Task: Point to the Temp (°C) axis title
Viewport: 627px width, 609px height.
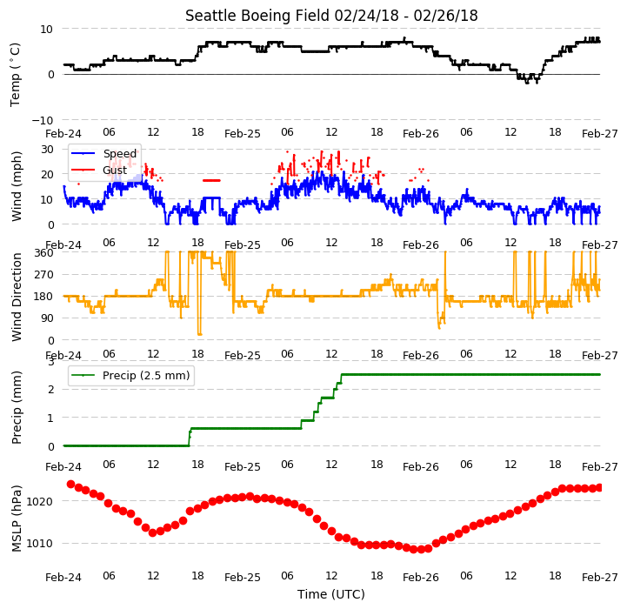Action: [x=15, y=75]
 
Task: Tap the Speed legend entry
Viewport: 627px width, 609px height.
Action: [x=104, y=154]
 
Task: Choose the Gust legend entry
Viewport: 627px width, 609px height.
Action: [x=99, y=170]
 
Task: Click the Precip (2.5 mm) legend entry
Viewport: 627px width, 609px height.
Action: [x=130, y=375]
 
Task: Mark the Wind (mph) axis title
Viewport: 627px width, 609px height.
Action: [x=17, y=186]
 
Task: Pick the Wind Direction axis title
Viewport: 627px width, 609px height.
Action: [x=17, y=297]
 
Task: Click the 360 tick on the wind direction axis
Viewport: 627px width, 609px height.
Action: [x=44, y=253]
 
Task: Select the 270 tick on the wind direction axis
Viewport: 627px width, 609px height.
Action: [x=44, y=275]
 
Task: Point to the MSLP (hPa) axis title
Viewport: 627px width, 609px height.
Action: [x=17, y=519]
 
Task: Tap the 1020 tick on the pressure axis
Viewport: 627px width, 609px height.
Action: [x=40, y=501]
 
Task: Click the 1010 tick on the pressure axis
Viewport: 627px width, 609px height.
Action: [x=40, y=544]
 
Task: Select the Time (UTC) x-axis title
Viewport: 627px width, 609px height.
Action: [x=331, y=594]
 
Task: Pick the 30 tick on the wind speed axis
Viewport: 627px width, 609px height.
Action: [x=48, y=150]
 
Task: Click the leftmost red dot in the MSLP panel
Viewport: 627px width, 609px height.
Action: [x=70, y=485]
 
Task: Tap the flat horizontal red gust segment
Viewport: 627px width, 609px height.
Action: [x=211, y=180]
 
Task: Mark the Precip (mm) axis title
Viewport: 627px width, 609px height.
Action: [x=17, y=408]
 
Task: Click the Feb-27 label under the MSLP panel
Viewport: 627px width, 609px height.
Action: [x=600, y=578]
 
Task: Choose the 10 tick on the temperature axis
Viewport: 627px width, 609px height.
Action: [x=46, y=29]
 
